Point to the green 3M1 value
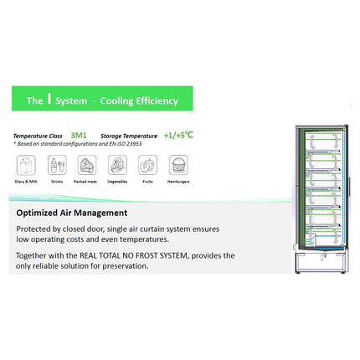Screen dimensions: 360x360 click(x=80, y=133)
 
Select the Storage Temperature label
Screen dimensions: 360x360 click(x=130, y=134)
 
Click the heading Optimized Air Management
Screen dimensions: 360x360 click(x=71, y=213)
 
